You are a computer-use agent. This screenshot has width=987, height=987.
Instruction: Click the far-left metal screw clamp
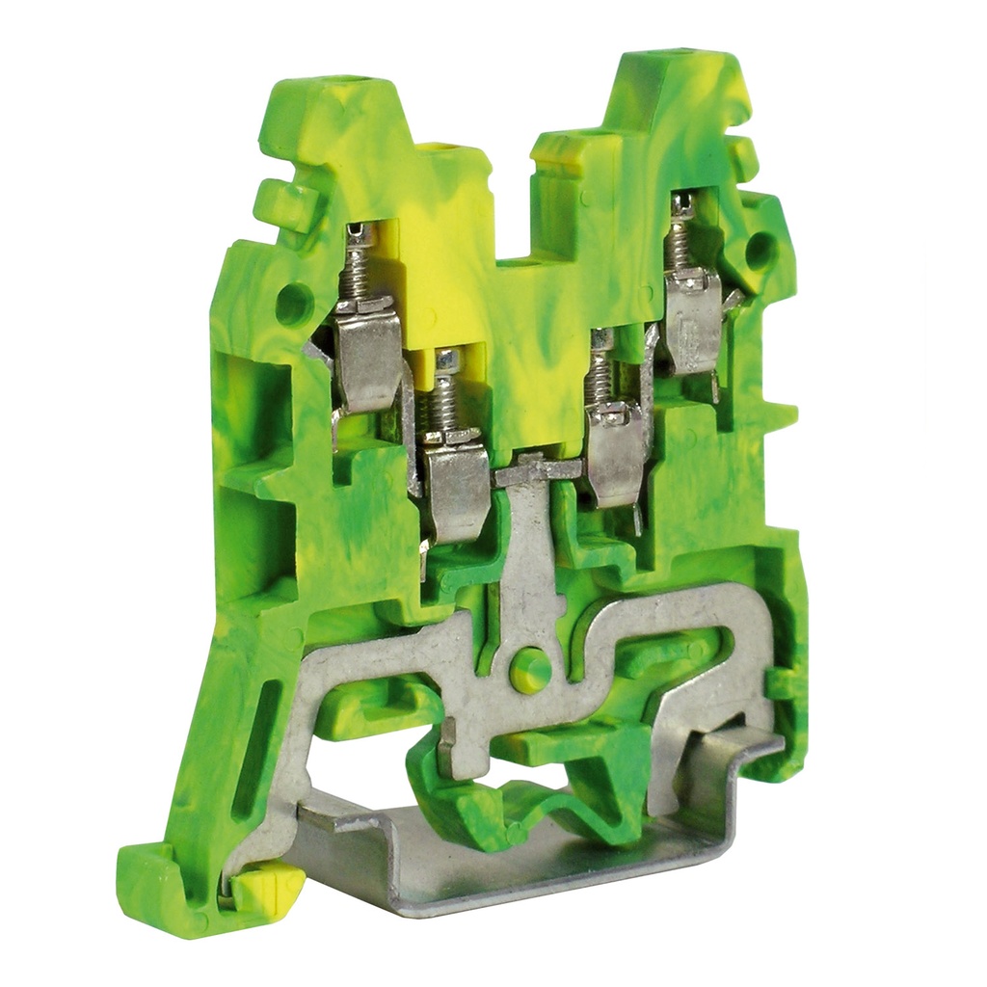(367, 352)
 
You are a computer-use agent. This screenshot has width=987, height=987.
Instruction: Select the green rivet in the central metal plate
(529, 668)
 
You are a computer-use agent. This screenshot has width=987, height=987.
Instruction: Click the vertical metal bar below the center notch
(527, 559)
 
